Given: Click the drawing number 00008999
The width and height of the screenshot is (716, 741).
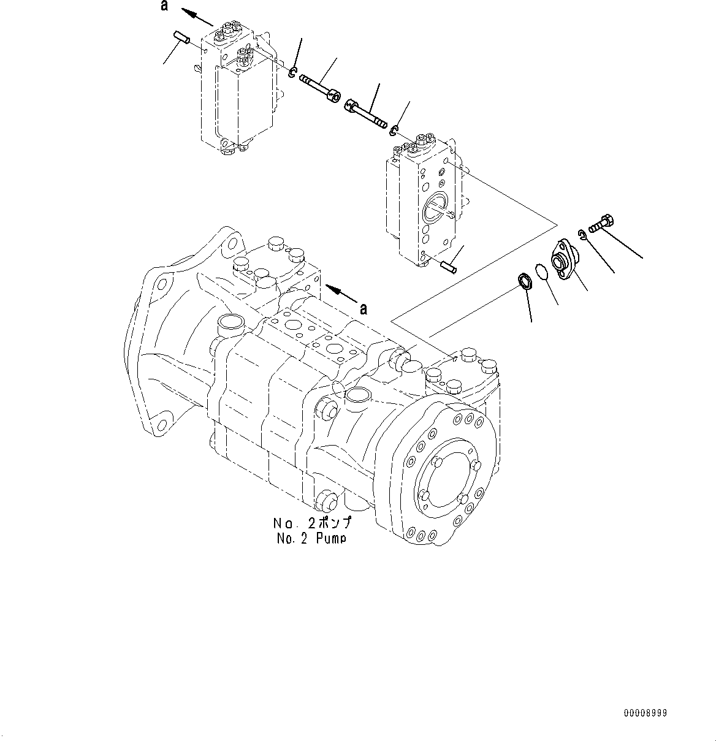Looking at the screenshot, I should (x=645, y=713).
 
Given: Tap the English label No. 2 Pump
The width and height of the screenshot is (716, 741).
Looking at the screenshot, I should (x=312, y=538).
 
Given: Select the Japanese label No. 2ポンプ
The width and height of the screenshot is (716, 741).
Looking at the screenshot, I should (x=312, y=524).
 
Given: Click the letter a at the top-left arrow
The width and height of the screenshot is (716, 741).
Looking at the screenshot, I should (x=163, y=6).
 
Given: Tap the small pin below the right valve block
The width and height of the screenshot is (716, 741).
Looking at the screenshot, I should (x=447, y=267).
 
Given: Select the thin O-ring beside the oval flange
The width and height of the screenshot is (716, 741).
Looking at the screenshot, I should (x=539, y=272).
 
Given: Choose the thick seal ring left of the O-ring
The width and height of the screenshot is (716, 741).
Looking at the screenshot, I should (x=524, y=283).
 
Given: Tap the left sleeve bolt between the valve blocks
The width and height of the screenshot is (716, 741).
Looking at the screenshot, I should (x=317, y=86).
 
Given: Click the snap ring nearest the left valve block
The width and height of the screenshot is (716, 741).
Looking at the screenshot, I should (x=294, y=74).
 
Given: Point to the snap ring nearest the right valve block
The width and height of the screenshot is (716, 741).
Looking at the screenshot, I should (x=395, y=130).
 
